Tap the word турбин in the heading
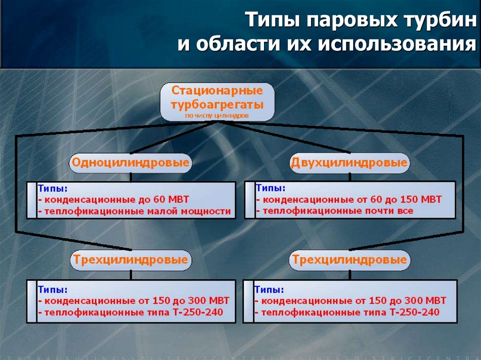click(440, 21)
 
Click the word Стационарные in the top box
click(217, 90)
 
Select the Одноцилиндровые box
click(131, 163)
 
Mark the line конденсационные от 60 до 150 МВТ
click(349, 199)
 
